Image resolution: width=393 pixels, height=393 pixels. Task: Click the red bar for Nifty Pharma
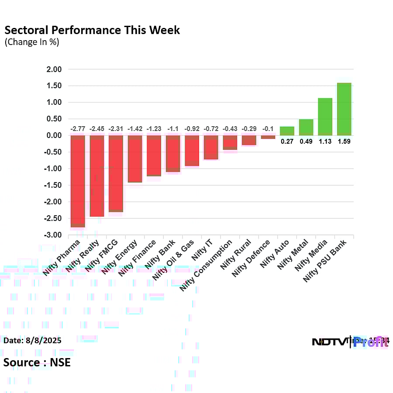[78, 181]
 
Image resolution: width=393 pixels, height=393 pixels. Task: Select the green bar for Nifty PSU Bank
[344, 109]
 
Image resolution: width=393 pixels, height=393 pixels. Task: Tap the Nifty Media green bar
[325, 117]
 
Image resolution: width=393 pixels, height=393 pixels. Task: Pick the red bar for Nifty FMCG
[116, 173]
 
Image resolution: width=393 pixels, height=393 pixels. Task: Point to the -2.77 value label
[77, 129]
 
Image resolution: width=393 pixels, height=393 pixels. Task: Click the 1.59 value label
[344, 141]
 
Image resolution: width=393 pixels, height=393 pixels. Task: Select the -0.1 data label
[268, 129]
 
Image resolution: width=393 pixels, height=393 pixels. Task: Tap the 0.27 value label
[287, 141]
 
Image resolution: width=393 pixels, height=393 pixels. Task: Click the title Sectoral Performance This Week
[92, 30]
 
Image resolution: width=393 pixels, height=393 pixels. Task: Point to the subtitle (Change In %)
[31, 42]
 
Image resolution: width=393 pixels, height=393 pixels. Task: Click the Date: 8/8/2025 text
[32, 340]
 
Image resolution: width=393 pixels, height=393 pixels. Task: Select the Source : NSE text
[37, 362]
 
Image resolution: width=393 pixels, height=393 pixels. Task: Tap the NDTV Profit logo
[349, 341]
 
